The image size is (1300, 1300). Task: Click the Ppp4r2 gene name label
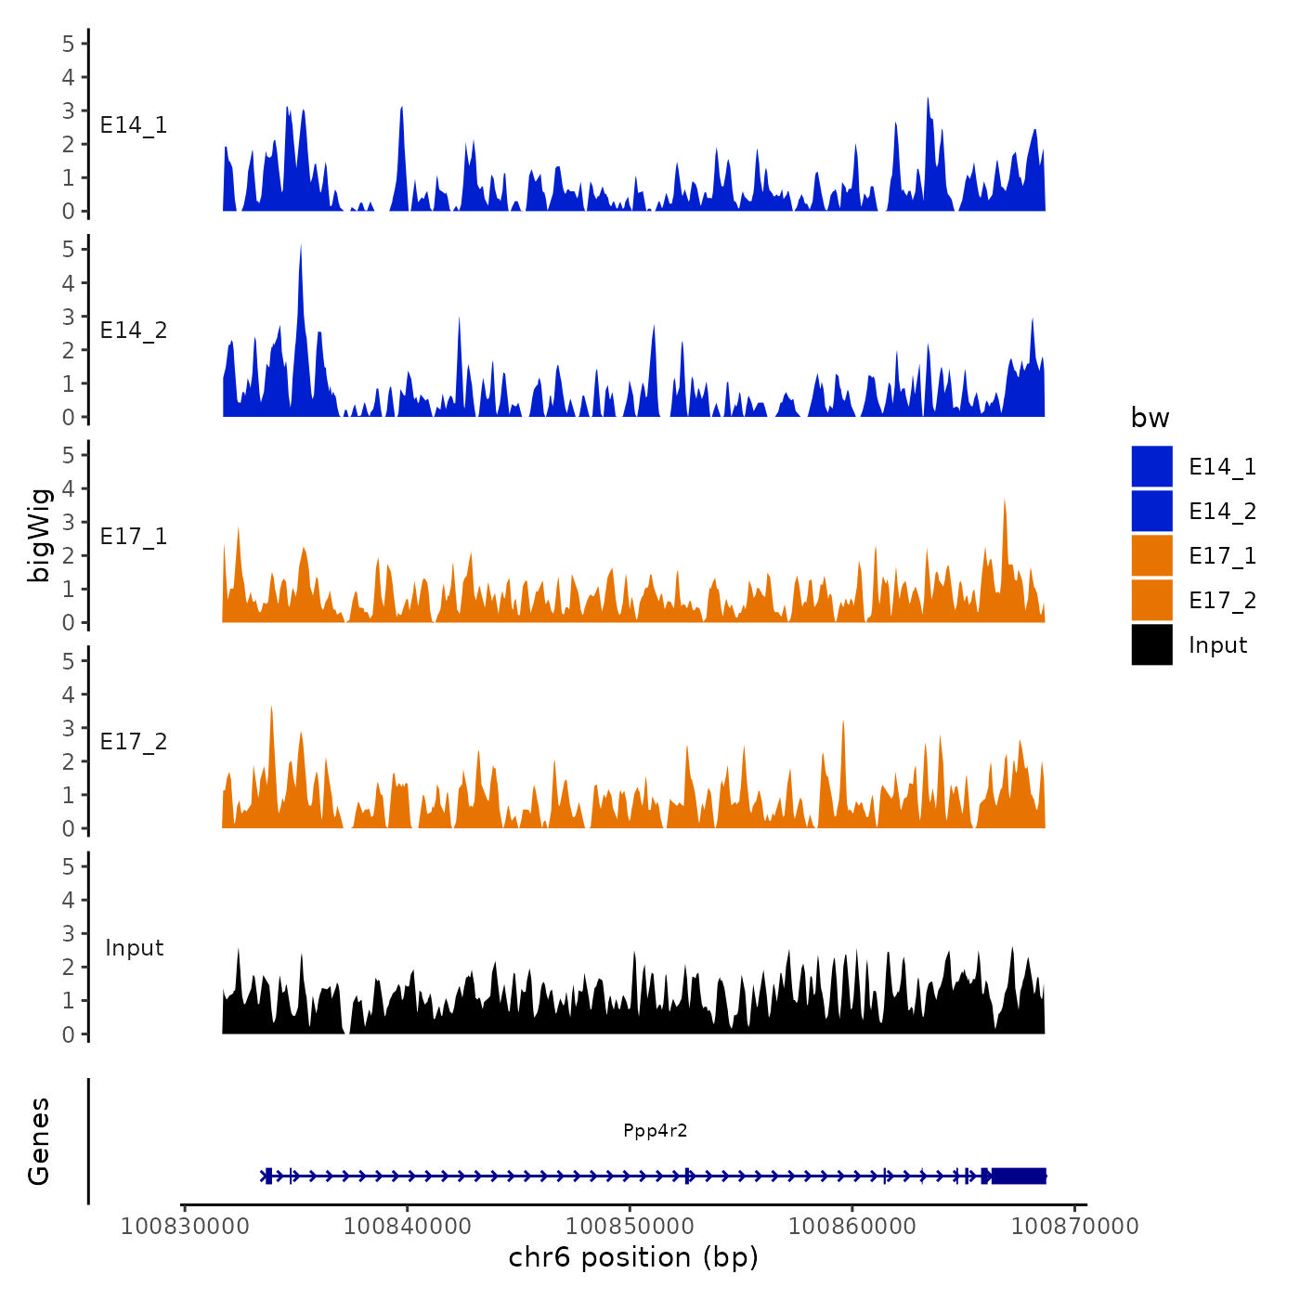655,1130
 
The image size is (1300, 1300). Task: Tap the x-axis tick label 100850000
630,1226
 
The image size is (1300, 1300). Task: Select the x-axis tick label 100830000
185,1226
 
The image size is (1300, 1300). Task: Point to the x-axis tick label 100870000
1074,1226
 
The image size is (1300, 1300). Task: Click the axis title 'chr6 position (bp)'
633,1257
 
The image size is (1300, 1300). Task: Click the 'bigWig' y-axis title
39,536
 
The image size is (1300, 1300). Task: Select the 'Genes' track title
39,1141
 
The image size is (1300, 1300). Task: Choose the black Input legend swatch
1151,644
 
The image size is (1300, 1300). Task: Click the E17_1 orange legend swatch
1151,555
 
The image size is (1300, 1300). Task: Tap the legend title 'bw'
1150,418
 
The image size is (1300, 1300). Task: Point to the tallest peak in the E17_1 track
1005,501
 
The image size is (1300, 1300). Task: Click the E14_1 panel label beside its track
134,125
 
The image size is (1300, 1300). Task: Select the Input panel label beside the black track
134,948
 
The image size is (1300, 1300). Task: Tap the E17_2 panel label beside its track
134,742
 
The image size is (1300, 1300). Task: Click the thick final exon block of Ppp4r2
1018,1176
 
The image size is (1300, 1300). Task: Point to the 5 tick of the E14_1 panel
69,44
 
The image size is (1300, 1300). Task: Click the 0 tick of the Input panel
69,1034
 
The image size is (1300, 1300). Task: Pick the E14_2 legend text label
1222,512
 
